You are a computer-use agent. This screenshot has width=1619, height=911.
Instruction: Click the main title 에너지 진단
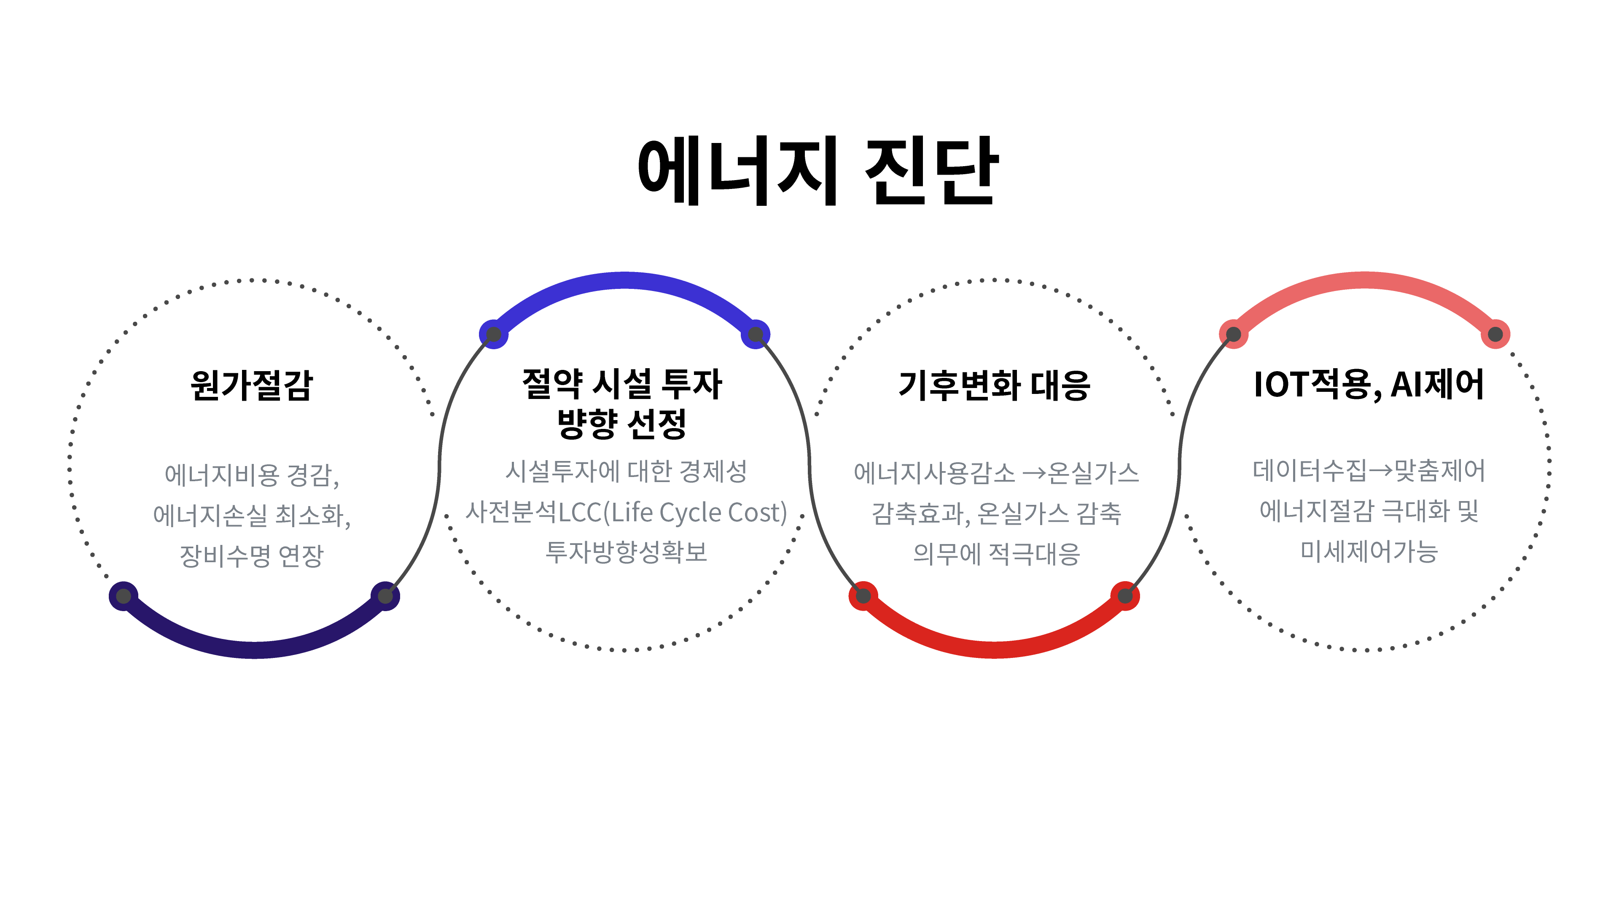click(x=817, y=171)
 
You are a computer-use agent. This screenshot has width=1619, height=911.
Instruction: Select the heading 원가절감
click(x=251, y=385)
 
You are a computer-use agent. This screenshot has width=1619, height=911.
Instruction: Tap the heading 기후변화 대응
click(x=994, y=385)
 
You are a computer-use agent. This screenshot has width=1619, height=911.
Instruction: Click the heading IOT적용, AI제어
click(x=1368, y=384)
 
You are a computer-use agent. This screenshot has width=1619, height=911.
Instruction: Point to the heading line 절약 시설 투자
click(x=622, y=383)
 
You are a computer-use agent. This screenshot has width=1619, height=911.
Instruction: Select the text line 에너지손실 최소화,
click(x=251, y=515)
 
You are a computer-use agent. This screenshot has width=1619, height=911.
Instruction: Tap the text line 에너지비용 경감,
click(x=251, y=474)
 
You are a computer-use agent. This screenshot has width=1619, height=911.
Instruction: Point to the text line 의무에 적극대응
click(x=996, y=554)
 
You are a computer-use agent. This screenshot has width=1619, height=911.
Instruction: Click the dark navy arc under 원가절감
click(x=255, y=649)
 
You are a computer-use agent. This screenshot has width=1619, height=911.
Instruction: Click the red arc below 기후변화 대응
click(x=994, y=649)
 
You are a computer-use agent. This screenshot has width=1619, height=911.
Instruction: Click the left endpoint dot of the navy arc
click(x=124, y=596)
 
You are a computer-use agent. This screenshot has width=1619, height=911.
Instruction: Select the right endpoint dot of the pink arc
click(x=1495, y=334)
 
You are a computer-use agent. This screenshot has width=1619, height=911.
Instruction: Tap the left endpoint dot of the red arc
click(x=863, y=596)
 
